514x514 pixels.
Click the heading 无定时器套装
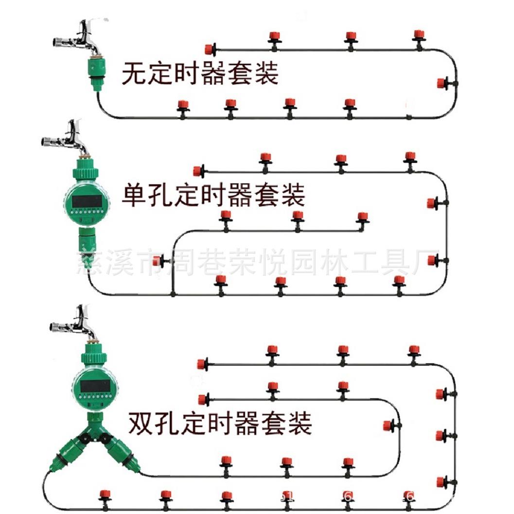pos(200,74)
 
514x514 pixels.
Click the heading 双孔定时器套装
pos(220,423)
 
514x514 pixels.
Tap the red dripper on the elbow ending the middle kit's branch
pos(362,217)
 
